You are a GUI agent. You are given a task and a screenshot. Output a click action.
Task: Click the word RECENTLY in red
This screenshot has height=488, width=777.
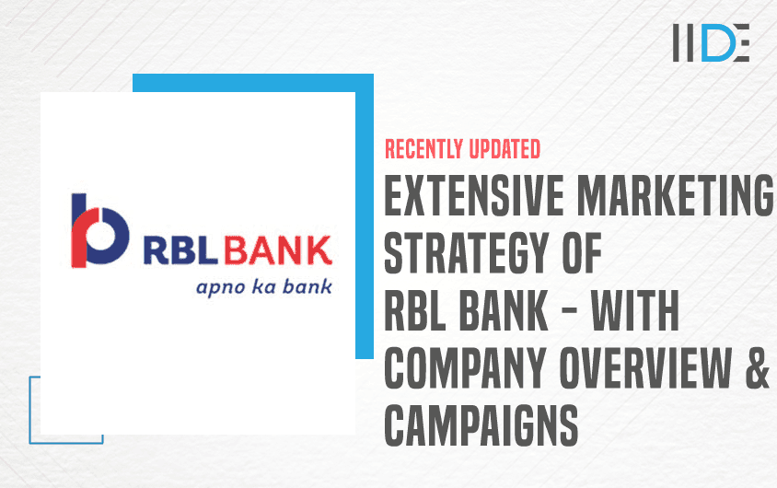(x=423, y=149)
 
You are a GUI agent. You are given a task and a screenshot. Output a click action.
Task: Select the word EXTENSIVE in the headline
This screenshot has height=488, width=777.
(x=474, y=195)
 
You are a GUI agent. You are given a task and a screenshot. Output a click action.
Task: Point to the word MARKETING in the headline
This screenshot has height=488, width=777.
(x=675, y=195)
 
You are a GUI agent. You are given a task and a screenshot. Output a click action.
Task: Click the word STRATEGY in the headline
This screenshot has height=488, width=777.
(x=467, y=253)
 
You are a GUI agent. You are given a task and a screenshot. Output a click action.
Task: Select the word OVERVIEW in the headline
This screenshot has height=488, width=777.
(x=645, y=367)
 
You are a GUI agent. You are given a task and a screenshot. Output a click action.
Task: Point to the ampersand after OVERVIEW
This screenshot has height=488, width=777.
(x=757, y=367)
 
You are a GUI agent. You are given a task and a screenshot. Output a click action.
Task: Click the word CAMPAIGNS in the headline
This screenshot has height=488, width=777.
(x=481, y=425)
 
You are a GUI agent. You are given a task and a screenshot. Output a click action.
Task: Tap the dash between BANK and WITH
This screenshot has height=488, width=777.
(x=569, y=311)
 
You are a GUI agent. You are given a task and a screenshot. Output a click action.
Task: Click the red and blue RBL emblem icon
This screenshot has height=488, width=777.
(x=100, y=230)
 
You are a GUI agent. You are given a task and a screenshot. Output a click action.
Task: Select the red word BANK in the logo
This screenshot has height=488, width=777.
(x=277, y=250)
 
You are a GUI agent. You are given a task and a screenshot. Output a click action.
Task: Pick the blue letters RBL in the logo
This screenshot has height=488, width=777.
(x=180, y=250)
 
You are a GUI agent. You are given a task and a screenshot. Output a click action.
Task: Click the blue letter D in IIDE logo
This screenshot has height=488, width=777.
(x=717, y=42)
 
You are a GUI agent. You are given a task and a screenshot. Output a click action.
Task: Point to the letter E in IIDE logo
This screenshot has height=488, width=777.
(x=741, y=42)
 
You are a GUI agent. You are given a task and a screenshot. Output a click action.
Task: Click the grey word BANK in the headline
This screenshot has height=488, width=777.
(x=504, y=310)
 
